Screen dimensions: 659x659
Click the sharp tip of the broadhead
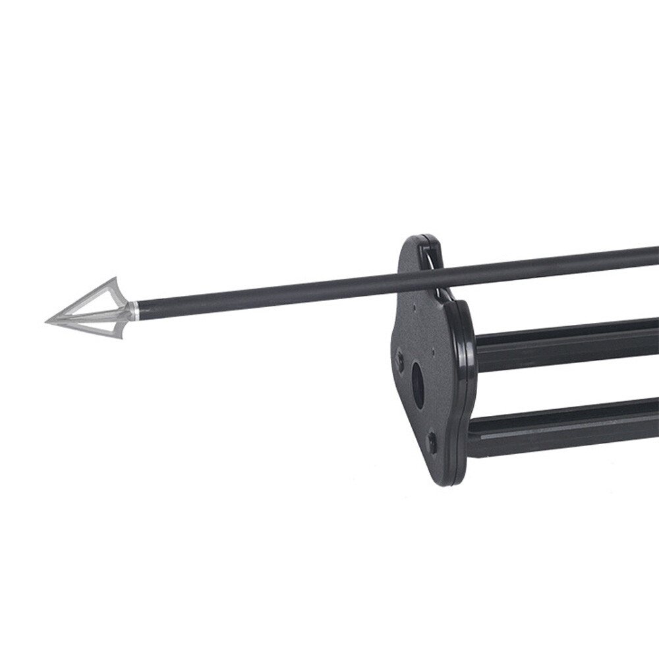pos(46,322)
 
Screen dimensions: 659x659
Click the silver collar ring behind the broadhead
pos(134,310)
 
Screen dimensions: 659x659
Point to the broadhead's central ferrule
pos(92,316)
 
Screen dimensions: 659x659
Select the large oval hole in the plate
pos(418,385)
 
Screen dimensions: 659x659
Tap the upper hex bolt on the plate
pos(399,360)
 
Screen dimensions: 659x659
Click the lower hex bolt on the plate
pos(432,442)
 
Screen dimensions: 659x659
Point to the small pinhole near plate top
pos(414,306)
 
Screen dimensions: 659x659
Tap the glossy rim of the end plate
pos(469,369)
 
